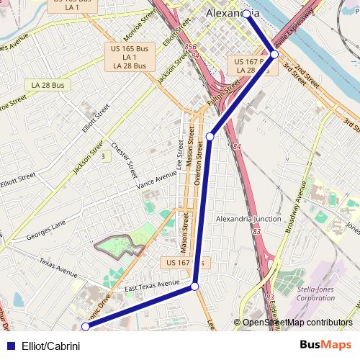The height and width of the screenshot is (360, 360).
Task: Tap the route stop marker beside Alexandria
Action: (x=246, y=14)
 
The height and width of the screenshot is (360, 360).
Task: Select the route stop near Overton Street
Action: (x=210, y=136)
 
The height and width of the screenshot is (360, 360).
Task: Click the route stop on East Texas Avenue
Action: (x=194, y=287)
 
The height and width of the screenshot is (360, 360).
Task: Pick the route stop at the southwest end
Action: (x=85, y=327)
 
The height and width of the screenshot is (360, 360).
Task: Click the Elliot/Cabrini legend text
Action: (x=50, y=346)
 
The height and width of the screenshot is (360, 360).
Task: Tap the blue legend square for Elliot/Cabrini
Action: (x=11, y=346)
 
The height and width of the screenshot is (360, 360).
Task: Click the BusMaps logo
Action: (x=325, y=346)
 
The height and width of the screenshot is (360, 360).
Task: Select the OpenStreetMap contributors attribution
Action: (x=297, y=323)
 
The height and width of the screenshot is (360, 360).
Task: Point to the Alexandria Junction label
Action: (x=249, y=219)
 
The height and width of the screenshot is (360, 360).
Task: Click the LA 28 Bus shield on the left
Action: (x=48, y=85)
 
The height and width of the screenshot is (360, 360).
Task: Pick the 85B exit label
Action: (x=190, y=48)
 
